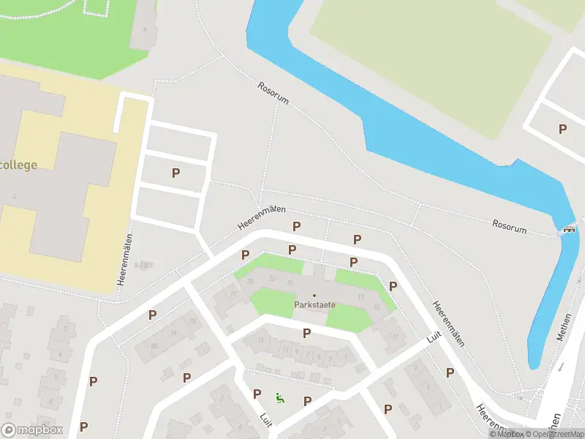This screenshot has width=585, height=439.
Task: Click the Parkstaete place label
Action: click(x=315, y=304)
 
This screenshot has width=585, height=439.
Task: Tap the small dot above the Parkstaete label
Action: click(x=314, y=295)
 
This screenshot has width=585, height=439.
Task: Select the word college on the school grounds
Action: click(x=18, y=165)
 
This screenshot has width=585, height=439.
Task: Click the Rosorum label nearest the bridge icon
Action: click(x=509, y=227)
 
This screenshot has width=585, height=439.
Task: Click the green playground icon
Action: click(x=279, y=399)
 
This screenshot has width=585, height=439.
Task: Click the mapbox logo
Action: click(x=32, y=430)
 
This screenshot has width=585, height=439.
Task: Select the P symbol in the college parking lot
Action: click(x=175, y=173)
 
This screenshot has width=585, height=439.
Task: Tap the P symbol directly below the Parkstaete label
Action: click(x=306, y=333)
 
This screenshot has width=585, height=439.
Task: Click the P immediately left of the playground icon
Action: click(x=257, y=394)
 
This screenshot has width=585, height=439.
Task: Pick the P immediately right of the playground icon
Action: click(x=307, y=400)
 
